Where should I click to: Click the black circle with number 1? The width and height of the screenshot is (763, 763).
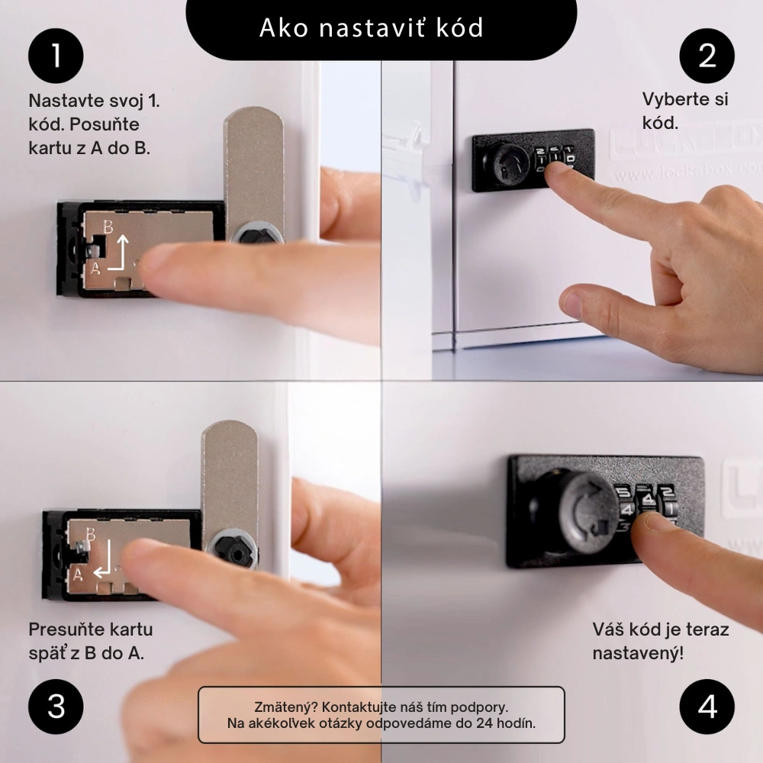tap(56, 56)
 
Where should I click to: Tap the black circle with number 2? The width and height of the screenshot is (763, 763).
tap(707, 56)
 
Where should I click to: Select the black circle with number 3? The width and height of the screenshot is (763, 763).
tap(56, 707)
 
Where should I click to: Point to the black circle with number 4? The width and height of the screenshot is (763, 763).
tap(707, 707)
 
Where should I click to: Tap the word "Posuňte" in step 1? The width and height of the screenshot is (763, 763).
tap(105, 125)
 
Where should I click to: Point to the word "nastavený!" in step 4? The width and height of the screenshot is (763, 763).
tap(638, 654)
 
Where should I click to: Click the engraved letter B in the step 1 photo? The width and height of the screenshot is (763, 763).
tap(108, 227)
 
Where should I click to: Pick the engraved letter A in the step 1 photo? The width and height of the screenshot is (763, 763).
tap(96, 268)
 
